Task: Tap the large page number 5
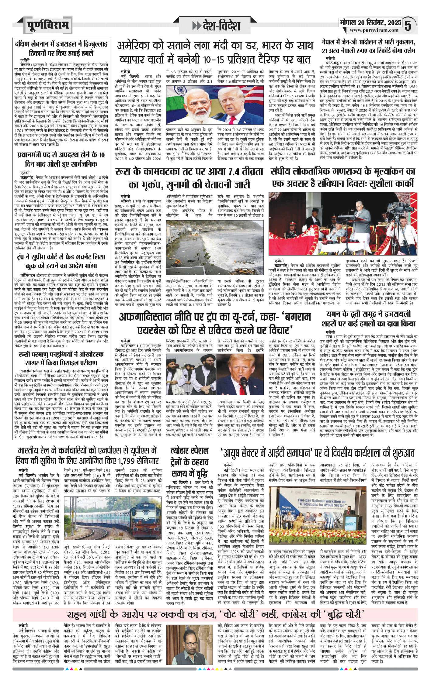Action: (408, 26)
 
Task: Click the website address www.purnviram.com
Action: (374, 30)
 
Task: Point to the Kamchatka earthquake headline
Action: (189, 178)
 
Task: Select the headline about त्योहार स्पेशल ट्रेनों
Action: (189, 461)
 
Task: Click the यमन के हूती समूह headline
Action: (368, 318)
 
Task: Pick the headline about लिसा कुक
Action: (61, 261)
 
